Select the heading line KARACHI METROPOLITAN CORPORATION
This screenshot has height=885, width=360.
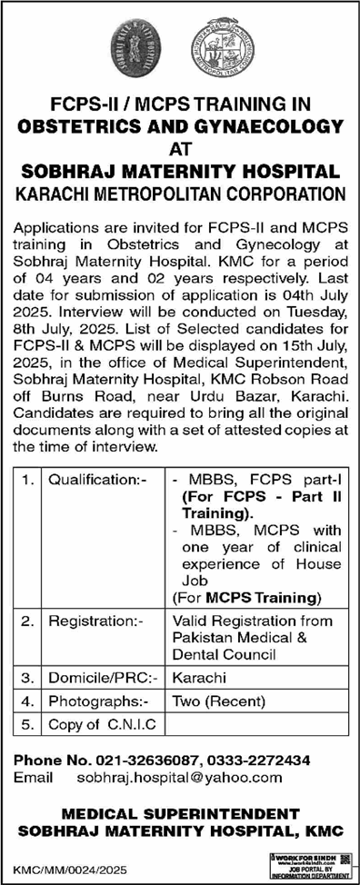click(180, 193)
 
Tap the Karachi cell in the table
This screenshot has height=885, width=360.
click(195, 678)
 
